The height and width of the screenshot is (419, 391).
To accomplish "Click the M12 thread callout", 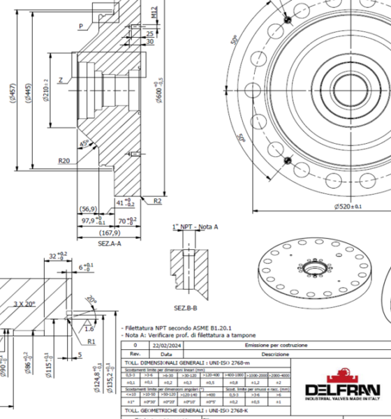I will point(154,11).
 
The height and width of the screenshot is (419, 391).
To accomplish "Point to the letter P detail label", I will point(81,26).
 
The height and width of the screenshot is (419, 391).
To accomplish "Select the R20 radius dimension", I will point(64,161).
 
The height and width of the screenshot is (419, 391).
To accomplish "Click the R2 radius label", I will point(158,200).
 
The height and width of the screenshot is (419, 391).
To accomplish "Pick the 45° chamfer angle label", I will point(84,145).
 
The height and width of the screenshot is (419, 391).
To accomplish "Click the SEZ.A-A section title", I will point(110,243).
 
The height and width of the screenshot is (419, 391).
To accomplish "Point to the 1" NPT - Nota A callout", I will point(195,227).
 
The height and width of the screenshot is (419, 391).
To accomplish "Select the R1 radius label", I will point(91,341).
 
